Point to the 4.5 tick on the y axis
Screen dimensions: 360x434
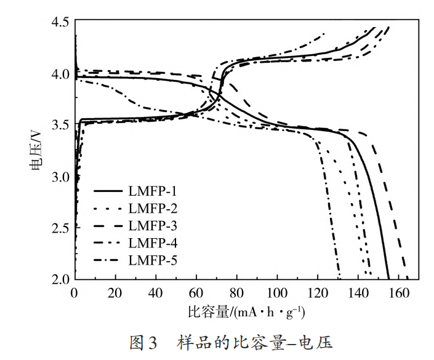click(x=60, y=22)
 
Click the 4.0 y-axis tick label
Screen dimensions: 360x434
click(x=60, y=74)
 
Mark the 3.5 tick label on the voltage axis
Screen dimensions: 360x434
click(x=60, y=126)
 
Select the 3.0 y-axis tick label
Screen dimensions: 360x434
click(x=60, y=177)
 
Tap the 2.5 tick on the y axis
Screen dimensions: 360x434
click(x=60, y=228)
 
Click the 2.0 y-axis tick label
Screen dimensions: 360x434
click(x=60, y=279)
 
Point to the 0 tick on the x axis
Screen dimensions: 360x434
click(x=75, y=292)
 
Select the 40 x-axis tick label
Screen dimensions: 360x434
click(x=156, y=292)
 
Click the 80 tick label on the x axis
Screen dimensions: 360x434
click(x=237, y=292)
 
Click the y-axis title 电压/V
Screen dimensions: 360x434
click(x=36, y=150)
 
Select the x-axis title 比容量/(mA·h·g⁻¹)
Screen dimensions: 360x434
click(x=246, y=313)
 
